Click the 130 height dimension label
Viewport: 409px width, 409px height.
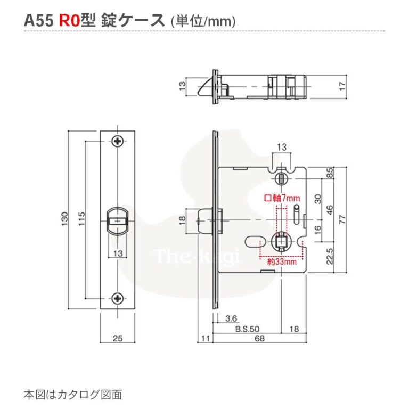(65, 218)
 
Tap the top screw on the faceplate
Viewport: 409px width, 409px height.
(118, 141)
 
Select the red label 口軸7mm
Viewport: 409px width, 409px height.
(283, 198)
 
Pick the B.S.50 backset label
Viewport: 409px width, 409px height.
(247, 329)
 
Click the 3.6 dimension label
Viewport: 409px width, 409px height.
(231, 318)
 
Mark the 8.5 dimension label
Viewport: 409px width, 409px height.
(330, 173)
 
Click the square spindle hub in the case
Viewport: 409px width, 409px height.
(281, 242)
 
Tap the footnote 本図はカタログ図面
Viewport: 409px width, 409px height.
(73, 395)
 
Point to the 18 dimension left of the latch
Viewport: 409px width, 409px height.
(183, 220)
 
